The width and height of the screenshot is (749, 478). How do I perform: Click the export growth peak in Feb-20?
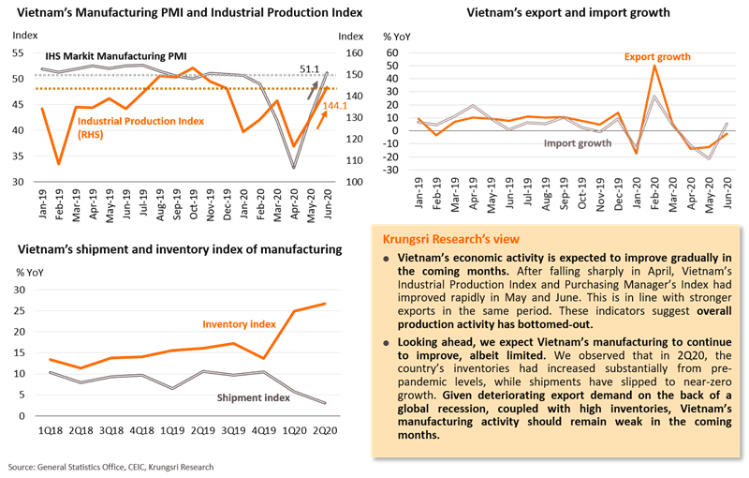[x=654, y=66]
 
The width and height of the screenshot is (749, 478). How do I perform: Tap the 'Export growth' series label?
[x=657, y=57]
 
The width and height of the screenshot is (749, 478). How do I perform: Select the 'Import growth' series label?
[x=578, y=143]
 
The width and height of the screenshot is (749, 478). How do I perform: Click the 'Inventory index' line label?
[x=240, y=323]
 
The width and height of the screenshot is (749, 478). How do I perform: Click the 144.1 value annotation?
[x=335, y=105]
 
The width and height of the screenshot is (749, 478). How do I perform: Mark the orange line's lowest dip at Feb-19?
[x=59, y=164]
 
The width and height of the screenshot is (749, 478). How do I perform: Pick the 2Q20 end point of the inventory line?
[x=326, y=304]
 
